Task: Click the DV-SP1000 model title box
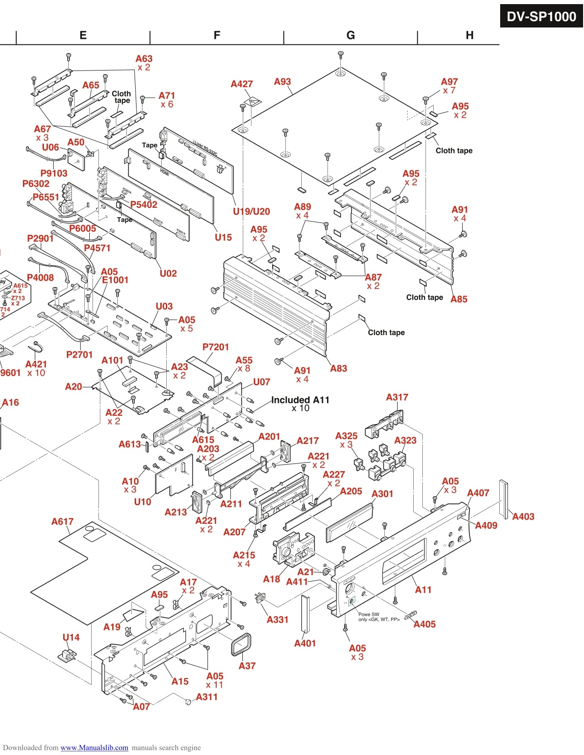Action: point(541,16)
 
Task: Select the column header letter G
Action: point(350,35)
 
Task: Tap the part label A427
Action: point(241,84)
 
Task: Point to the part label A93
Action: point(282,81)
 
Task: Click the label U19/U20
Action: point(251,212)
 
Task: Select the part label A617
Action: point(62,521)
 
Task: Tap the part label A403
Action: point(523,516)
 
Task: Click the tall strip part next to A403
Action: point(504,499)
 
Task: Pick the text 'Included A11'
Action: point(300,400)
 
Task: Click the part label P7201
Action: point(215,347)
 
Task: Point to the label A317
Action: point(397,397)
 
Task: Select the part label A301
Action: point(382,494)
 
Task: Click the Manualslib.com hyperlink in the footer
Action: point(94,748)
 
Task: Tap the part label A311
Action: point(207,697)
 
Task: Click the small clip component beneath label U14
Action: point(67,655)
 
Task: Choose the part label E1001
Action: point(115,280)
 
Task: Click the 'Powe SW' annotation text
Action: point(369,614)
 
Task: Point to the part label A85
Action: point(458,299)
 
